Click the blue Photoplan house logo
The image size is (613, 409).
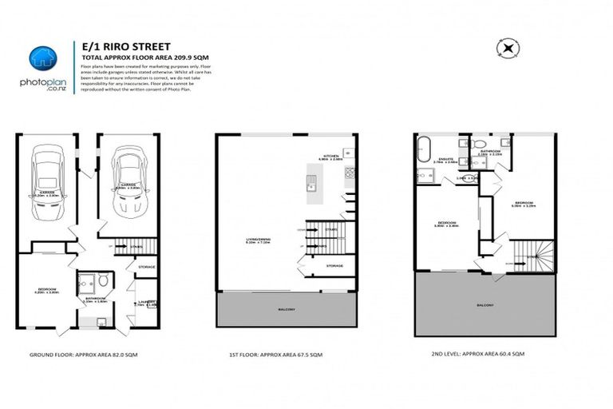tap(42, 58)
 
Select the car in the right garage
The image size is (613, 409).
tap(131, 183)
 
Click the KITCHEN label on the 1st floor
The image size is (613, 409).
tap(331, 156)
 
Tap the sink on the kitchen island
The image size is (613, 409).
tap(312, 189)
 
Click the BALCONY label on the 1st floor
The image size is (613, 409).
tap(287, 309)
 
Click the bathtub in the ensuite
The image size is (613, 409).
tap(423, 149)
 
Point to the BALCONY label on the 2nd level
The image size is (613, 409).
tap(484, 305)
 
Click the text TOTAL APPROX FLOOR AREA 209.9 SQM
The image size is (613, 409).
tap(136, 58)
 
